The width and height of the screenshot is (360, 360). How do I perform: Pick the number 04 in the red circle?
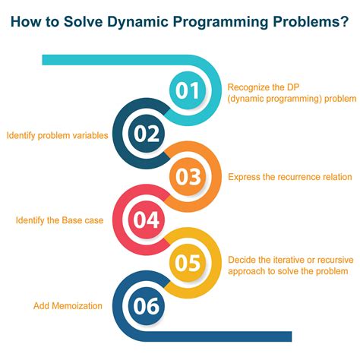click(x=147, y=220)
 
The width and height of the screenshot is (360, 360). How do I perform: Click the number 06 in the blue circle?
click(x=147, y=306)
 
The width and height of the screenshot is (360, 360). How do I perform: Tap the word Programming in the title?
click(x=217, y=24)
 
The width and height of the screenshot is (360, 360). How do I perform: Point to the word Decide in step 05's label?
click(x=242, y=259)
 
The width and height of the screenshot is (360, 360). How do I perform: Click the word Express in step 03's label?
click(x=244, y=177)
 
